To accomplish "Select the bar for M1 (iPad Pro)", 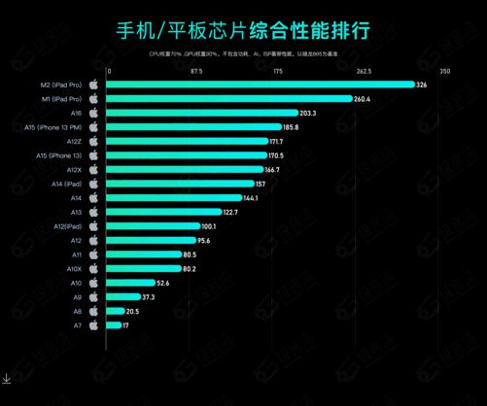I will click(228, 99).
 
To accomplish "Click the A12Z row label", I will click(71, 141).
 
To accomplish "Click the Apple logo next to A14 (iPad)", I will click(93, 184).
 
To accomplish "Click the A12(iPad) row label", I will click(65, 226).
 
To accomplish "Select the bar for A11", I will click(142, 254).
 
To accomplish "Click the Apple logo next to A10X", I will click(93, 268).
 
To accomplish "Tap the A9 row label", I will click(76, 296).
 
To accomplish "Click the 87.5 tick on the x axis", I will click(195, 71).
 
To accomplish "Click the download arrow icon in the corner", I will click(7, 379).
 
